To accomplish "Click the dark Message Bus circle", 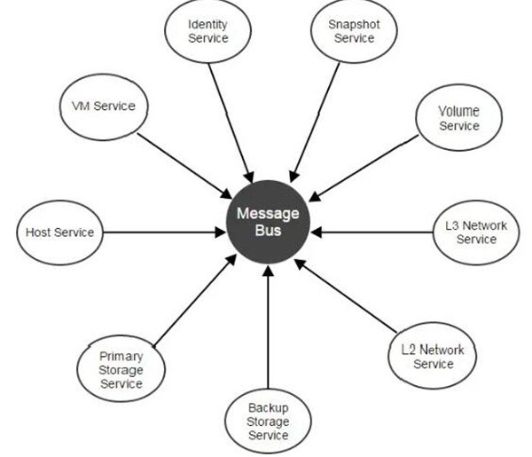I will pos(268,222).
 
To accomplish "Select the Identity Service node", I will pos(208,31).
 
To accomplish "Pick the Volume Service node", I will pos(458,119).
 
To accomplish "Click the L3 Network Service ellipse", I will pos(476,232).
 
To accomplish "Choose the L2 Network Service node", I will pos(433,356).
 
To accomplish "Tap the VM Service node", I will pos(103,106).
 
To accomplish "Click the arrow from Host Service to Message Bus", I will pos(160,232).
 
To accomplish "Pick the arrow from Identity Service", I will pos(232,115).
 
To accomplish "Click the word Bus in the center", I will pos(268,232).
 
